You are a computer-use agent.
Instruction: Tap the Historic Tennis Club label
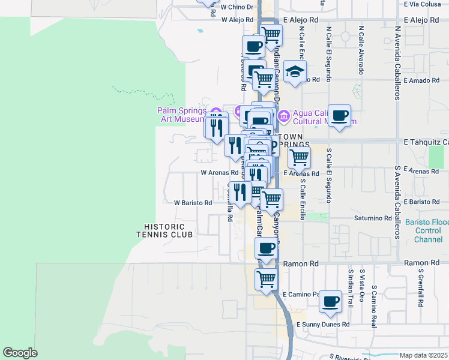[168, 230]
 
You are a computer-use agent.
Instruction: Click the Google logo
[20, 353]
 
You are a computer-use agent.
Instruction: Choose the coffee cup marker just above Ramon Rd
[266, 248]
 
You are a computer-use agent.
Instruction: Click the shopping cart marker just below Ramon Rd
[266, 280]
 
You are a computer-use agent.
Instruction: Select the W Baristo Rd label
[193, 203]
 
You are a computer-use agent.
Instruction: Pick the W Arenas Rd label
[219, 172]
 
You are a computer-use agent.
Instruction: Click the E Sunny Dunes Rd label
[323, 325]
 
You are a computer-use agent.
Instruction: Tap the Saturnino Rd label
[372, 218]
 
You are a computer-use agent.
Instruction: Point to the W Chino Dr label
[238, 7]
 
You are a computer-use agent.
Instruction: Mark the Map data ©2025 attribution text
[423, 355]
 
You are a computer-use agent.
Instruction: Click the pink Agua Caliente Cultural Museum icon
[283, 114]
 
